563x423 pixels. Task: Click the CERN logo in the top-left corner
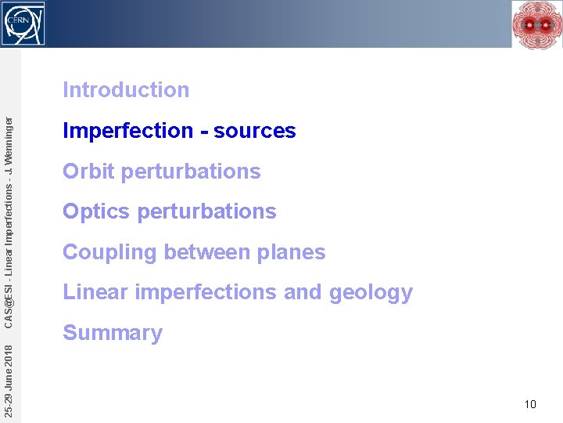[23, 23]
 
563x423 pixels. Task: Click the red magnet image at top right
[536, 24]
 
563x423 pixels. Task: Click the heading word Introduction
[126, 90]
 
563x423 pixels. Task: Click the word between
[208, 252]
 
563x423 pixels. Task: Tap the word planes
[295, 252]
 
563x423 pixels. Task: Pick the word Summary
[113, 333]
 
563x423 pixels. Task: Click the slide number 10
[530, 404]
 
